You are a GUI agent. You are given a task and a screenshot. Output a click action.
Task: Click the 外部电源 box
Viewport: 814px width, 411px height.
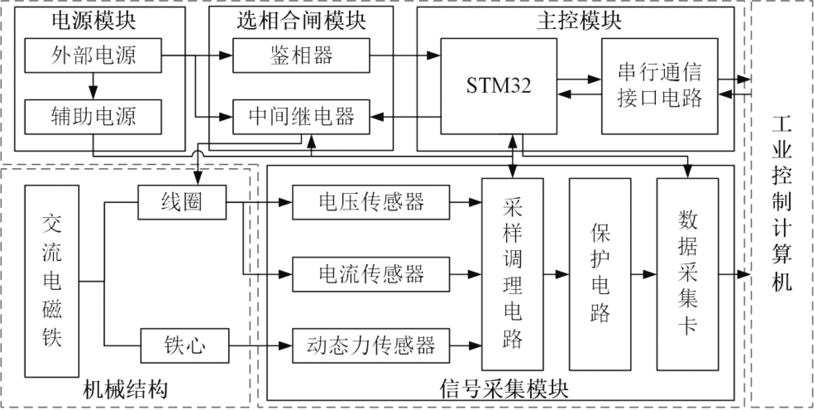click(93, 55)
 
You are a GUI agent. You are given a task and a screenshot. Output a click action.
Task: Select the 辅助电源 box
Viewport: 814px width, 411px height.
click(93, 117)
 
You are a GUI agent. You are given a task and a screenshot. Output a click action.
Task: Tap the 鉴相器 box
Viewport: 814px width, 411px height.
click(301, 55)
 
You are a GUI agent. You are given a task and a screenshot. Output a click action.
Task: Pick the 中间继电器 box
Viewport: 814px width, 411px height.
click(301, 117)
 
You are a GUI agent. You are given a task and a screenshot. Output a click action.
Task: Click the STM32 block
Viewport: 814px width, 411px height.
click(498, 86)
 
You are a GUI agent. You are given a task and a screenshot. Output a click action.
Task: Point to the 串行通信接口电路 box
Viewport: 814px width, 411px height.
click(659, 86)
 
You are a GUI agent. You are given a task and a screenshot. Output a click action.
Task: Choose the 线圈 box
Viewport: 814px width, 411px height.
click(182, 202)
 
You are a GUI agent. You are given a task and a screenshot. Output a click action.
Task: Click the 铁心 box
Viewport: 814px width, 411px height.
click(185, 346)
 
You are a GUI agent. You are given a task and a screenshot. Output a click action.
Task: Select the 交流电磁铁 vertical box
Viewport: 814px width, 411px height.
click(52, 281)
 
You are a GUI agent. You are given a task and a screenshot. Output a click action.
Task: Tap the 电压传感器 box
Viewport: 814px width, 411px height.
click(371, 202)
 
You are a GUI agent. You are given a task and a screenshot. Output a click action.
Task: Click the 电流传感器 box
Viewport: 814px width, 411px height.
click(371, 274)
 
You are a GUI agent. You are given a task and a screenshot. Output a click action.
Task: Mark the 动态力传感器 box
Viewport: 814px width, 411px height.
click(371, 346)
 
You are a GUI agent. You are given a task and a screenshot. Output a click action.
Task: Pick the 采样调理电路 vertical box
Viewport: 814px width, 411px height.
click(512, 274)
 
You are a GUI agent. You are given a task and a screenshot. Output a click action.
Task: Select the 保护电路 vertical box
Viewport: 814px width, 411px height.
click(600, 274)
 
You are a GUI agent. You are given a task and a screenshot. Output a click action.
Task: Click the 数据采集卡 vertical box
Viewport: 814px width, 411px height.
click(687, 274)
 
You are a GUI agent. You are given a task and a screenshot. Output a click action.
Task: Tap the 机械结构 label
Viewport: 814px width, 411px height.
click(125, 390)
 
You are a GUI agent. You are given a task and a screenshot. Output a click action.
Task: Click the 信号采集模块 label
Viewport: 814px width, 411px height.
click(504, 390)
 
